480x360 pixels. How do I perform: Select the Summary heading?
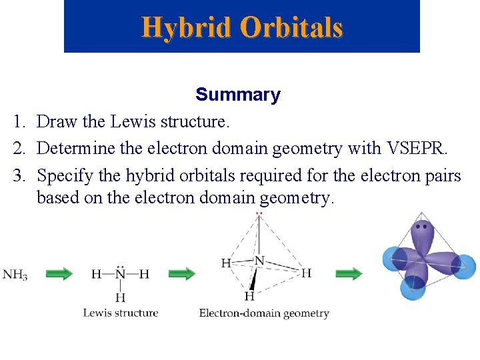pos(238,95)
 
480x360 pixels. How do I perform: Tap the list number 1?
pos(19,121)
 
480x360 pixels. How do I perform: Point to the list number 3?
pos(19,176)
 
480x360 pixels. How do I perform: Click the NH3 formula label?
pos(15,274)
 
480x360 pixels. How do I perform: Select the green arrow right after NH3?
pos(59,273)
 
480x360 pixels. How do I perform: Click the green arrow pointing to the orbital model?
pos(349,273)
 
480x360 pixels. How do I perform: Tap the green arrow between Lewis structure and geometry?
pos(181,273)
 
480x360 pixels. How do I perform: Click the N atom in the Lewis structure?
pos(121,274)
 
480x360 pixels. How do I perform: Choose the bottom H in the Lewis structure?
pos(121,297)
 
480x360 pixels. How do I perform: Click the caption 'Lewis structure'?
pos(121,313)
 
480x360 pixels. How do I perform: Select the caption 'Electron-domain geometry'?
pos(264,313)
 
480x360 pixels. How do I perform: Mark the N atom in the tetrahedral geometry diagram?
pos(259,260)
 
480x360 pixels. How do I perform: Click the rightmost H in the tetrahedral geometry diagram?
pos(306,273)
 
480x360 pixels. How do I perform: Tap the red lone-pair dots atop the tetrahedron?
pos(259,214)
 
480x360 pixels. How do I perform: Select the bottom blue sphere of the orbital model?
pos(413,287)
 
